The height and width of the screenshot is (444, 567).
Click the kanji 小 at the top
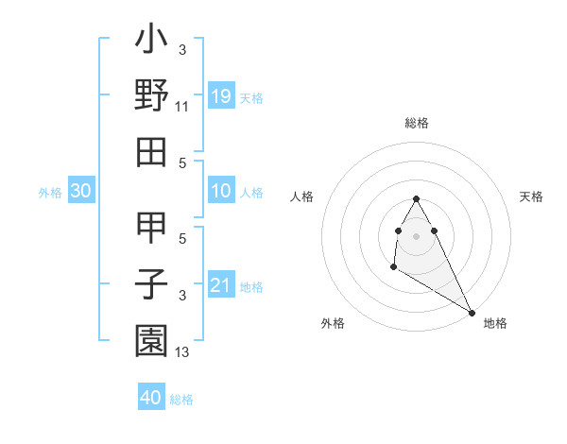pos(151,43)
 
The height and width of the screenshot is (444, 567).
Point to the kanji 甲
pos(151,231)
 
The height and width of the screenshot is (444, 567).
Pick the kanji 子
pos(151,282)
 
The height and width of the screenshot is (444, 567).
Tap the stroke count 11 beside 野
pos(182,107)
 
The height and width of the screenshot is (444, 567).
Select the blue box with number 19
pos(221,96)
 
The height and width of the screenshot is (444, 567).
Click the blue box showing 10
pos(221,192)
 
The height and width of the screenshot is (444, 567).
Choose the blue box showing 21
pos(221,285)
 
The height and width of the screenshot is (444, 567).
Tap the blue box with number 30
pos(80,192)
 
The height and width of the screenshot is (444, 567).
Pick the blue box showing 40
pos(151,398)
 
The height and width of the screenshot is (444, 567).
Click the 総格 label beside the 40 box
pos(181,400)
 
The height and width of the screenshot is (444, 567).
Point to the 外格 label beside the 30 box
pos(50,193)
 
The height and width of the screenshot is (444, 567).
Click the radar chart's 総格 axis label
pos(417,124)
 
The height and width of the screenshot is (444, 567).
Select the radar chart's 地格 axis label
pos(495,323)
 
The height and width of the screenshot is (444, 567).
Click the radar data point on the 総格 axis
pos(416,198)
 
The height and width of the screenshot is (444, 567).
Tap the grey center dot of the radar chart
pos(416,235)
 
